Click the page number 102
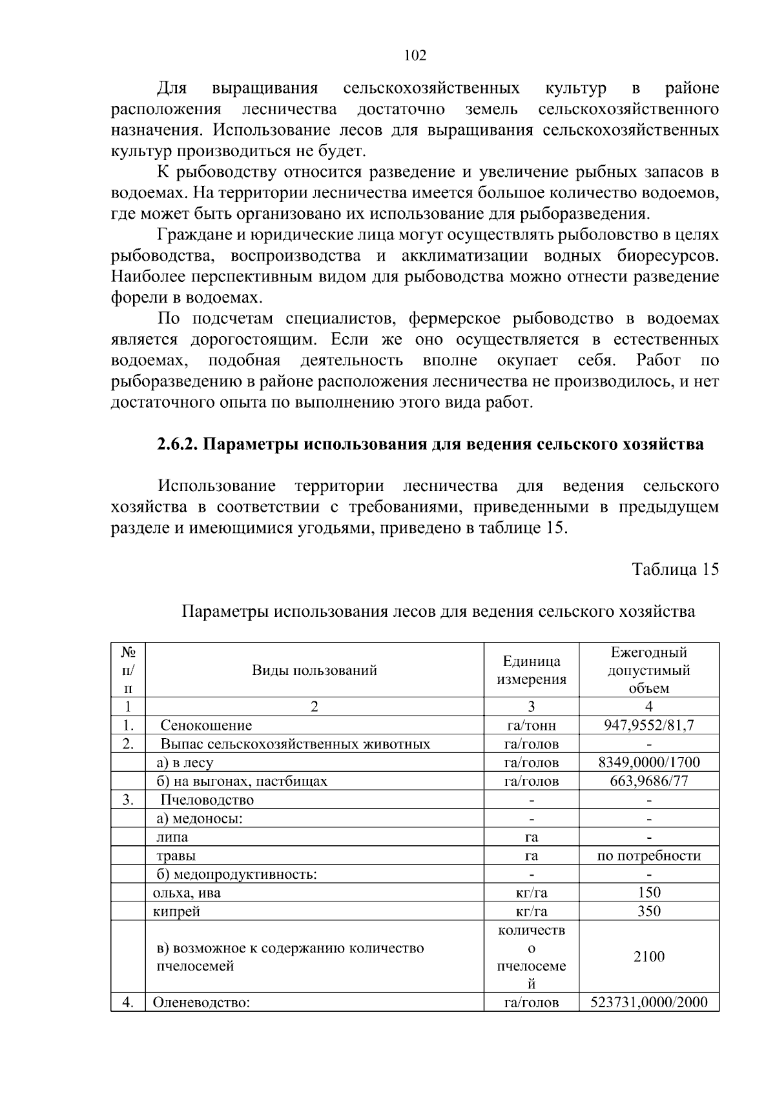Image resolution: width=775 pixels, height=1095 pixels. click(x=415, y=55)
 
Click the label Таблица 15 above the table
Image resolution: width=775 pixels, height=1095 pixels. click(x=675, y=570)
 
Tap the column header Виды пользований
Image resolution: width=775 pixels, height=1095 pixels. click(x=314, y=670)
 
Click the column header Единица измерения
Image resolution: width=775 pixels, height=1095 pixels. click(x=531, y=670)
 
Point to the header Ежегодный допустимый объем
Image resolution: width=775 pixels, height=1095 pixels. click(x=648, y=670)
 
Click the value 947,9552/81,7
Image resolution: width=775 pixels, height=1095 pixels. click(x=648, y=725)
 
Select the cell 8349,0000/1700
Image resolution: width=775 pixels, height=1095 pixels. click(x=648, y=763)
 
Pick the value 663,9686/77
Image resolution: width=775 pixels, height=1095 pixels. click(x=648, y=781)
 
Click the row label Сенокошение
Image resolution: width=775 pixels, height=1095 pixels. click(x=206, y=725)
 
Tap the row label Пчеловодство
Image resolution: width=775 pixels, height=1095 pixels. click(x=207, y=800)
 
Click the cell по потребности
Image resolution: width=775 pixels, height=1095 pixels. click(x=648, y=856)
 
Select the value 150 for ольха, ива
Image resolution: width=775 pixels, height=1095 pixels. click(x=648, y=892)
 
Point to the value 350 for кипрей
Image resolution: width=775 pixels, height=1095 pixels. click(x=648, y=911)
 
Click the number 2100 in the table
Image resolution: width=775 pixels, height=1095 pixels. click(x=648, y=956)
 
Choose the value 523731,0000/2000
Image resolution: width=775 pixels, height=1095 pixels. click(x=648, y=1002)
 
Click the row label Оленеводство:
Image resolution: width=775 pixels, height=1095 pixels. click(x=200, y=1003)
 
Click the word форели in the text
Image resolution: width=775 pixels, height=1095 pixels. click(x=133, y=298)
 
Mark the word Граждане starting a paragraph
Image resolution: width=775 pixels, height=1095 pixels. click(x=194, y=235)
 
